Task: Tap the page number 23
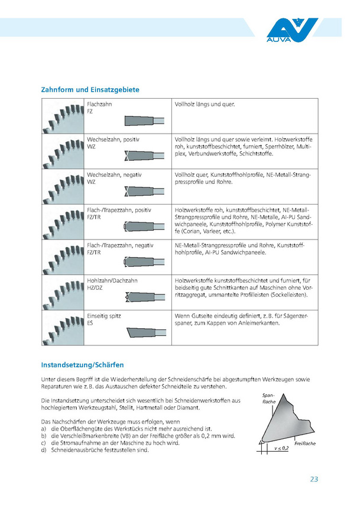[x=314, y=479]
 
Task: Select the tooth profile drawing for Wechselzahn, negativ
[x=144, y=192]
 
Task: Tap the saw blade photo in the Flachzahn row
[x=64, y=116]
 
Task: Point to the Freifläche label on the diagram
[x=304, y=443]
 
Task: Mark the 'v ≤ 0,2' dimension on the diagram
[x=281, y=449]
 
